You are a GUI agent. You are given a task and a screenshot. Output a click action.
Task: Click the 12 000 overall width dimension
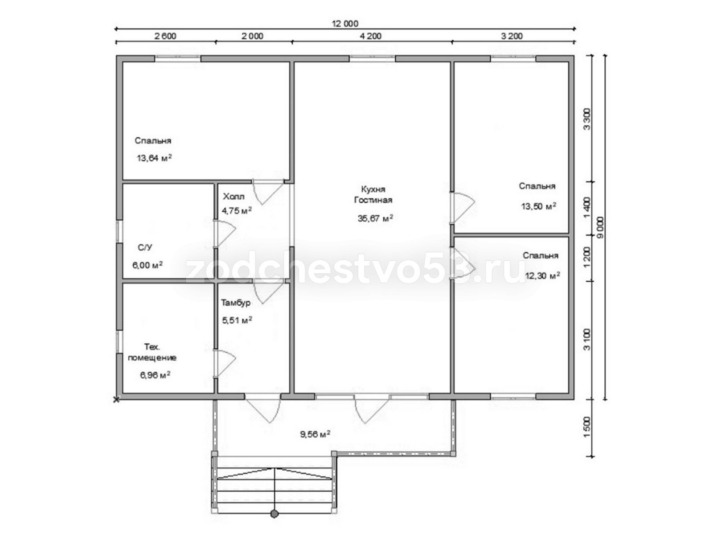point(344,24)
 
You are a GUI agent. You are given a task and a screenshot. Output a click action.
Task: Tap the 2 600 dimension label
point(165,36)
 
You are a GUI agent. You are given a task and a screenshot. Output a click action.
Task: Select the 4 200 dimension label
point(371,36)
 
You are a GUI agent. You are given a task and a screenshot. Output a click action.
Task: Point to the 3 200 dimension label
point(512,36)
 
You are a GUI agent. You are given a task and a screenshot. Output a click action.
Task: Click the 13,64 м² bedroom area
point(154,158)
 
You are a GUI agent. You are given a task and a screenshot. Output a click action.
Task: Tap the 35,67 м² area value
point(376,218)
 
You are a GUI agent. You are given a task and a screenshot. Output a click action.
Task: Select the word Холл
point(234,197)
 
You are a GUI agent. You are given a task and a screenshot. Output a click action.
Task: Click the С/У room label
point(145,247)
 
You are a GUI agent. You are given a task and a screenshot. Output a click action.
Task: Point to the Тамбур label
point(236,303)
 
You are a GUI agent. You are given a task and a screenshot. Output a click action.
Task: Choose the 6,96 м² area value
point(155,375)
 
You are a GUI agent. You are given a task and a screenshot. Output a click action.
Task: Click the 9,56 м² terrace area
point(315,434)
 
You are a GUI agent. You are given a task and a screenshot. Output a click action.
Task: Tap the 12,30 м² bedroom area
point(543,276)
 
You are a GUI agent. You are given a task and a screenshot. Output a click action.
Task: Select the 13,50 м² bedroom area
point(539,206)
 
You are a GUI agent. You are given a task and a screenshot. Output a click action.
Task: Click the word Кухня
point(373,189)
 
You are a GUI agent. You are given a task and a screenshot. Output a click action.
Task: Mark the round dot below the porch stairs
point(275,514)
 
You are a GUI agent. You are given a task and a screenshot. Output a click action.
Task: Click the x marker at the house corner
point(116,400)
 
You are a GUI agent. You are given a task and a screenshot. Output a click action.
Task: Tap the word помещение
point(152,358)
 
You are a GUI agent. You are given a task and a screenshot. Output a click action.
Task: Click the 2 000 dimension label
point(252,36)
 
